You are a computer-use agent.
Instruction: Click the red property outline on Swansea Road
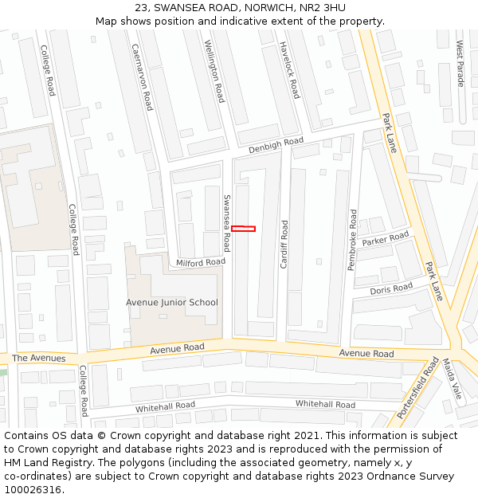tap(244, 229)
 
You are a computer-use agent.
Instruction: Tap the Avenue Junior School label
tap(171, 302)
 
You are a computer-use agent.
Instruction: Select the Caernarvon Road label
tap(143, 77)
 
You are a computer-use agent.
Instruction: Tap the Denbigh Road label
tap(276, 143)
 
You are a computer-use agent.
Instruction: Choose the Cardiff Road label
tap(284, 244)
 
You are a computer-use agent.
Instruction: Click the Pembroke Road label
tap(351, 240)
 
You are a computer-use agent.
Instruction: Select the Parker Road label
tap(385, 238)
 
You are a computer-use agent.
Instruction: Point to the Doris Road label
tap(391, 288)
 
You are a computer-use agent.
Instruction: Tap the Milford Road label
tap(201, 262)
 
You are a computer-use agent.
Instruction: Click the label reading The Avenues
tap(39, 359)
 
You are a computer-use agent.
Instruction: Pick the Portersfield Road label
tap(417, 389)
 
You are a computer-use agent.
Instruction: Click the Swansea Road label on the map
tap(226, 223)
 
